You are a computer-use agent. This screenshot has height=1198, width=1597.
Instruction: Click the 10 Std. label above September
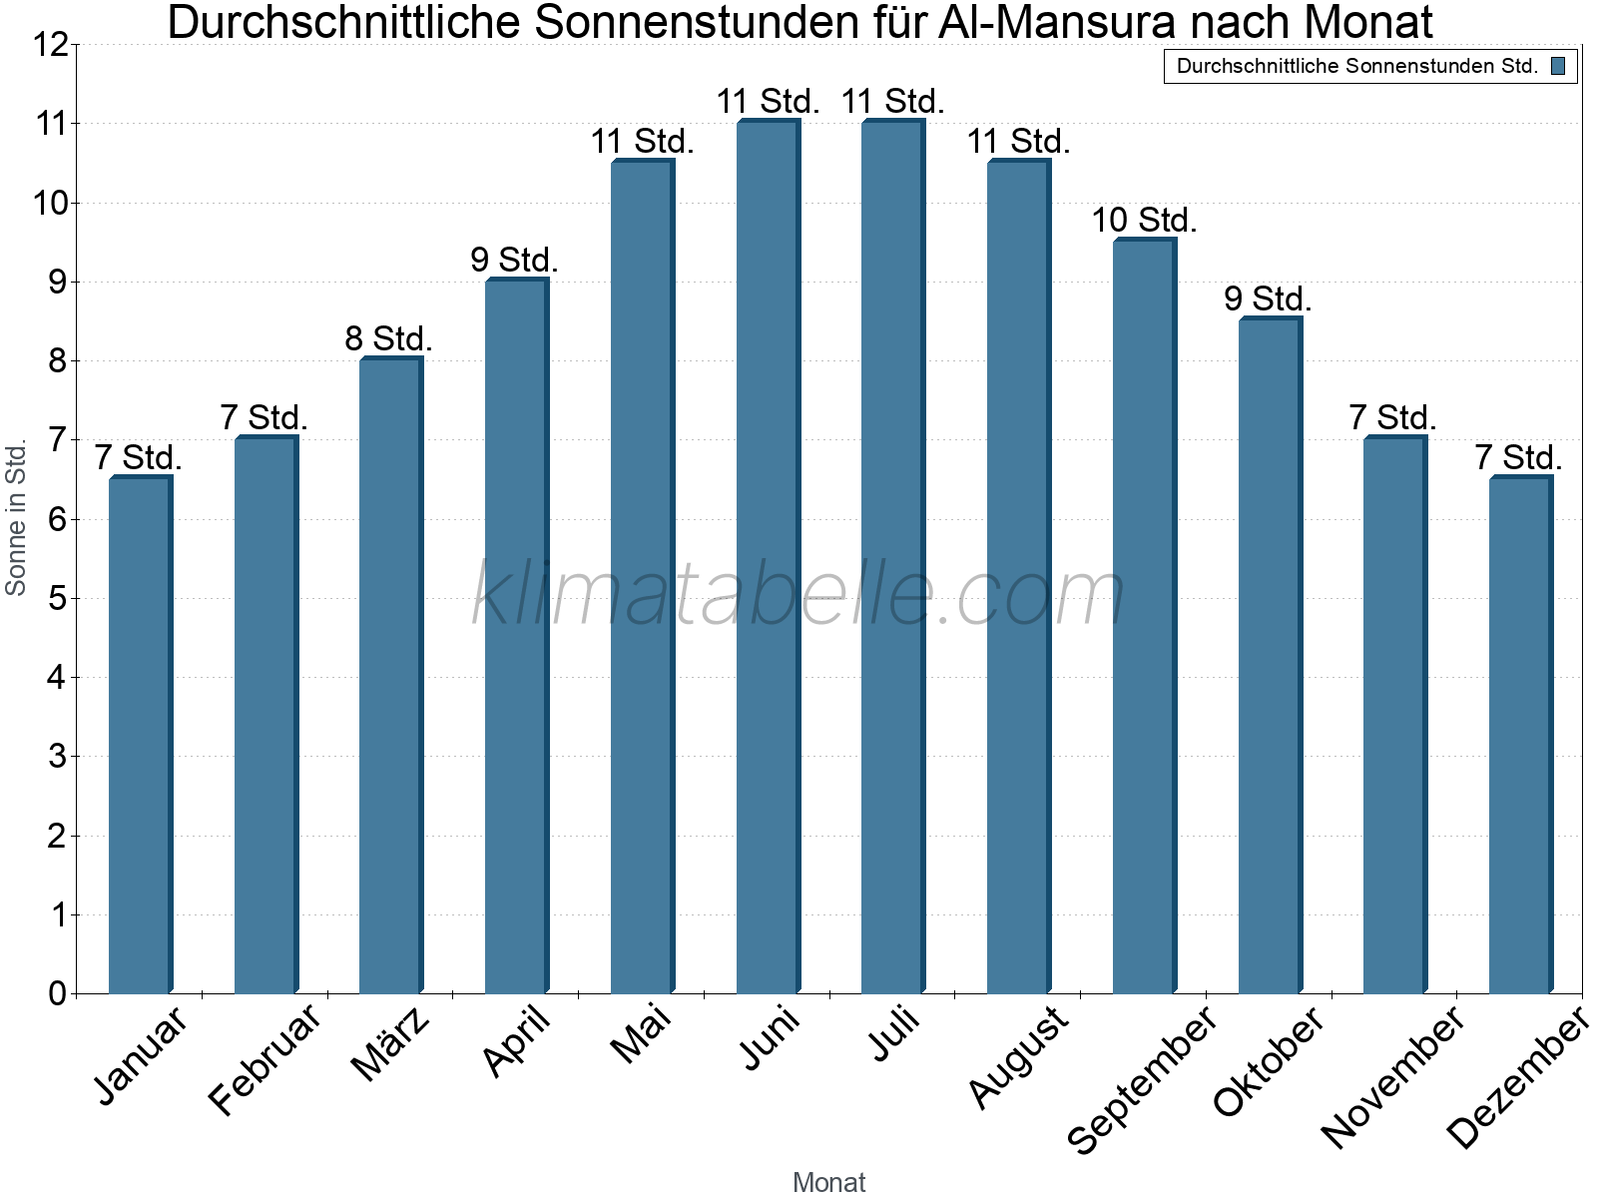(1144, 220)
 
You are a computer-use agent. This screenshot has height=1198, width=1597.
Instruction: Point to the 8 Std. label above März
(388, 338)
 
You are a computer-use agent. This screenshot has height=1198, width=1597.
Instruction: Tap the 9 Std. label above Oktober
(1268, 299)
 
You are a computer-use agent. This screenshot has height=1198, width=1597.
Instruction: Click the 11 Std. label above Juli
(892, 101)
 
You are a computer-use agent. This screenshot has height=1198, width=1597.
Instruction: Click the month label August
(1018, 1058)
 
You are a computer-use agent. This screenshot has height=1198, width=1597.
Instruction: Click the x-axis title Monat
(828, 1182)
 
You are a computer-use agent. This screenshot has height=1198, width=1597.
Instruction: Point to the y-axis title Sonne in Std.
(16, 518)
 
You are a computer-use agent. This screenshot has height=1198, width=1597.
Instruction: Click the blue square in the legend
(1558, 67)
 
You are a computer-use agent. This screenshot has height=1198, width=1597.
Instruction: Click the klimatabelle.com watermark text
(798, 595)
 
